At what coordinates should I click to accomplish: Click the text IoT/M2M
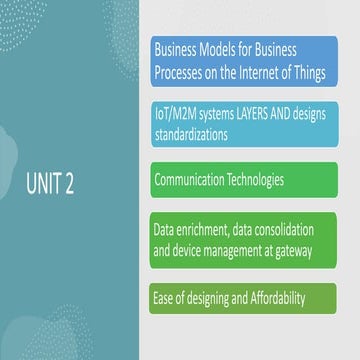coord(177,115)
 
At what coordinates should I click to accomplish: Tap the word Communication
coord(195,181)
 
